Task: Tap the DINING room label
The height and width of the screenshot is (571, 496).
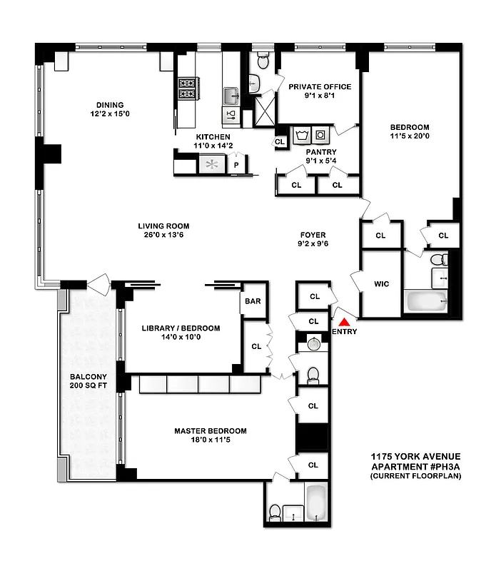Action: (x=107, y=104)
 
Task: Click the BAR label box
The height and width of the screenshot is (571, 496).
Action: (x=253, y=301)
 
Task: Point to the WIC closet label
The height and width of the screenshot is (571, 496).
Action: (x=381, y=283)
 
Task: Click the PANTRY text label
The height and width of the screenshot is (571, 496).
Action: (x=320, y=152)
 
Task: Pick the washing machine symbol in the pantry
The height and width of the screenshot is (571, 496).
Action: (x=305, y=134)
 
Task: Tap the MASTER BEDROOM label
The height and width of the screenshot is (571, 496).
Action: (x=211, y=431)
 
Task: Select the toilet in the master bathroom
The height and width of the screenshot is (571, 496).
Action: (x=275, y=510)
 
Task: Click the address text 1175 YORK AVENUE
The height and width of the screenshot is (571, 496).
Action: (x=415, y=457)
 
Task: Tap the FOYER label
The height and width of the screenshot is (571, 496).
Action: (x=313, y=233)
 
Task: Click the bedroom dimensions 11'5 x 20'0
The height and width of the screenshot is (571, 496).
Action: (x=410, y=136)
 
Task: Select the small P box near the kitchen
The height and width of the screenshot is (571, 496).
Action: (x=236, y=165)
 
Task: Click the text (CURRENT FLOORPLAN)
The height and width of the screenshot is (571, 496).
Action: (x=415, y=476)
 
